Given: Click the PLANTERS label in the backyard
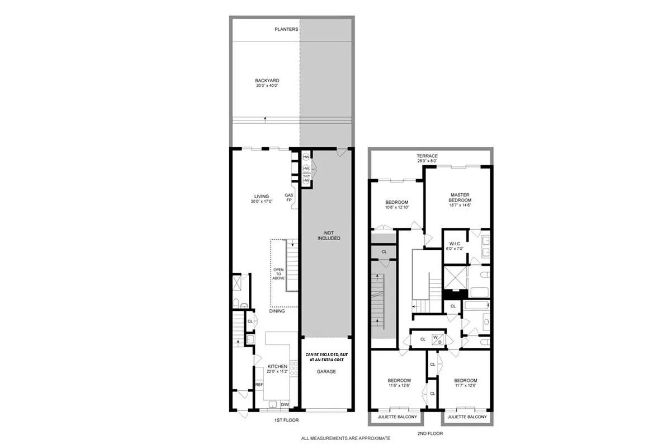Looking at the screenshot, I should point(287,29).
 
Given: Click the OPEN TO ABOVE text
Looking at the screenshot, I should point(278,274).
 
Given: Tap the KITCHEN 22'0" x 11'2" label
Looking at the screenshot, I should point(277,369).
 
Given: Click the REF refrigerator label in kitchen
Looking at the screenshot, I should point(259,385).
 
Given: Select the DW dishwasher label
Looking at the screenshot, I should point(284,404).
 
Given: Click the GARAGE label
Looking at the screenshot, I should point(326,371).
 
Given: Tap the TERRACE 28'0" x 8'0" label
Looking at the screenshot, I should point(427,158).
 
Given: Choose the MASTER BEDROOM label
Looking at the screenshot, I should point(461,198).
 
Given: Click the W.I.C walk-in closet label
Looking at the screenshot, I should point(455,246).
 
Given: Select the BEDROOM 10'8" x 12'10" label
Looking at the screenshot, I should point(396,205).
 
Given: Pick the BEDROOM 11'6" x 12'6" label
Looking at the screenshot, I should point(399,383).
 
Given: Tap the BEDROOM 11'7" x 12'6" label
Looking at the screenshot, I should point(465,383).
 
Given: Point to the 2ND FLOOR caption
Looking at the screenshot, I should point(430,433).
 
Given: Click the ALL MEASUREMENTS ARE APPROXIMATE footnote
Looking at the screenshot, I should point(346,438).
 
